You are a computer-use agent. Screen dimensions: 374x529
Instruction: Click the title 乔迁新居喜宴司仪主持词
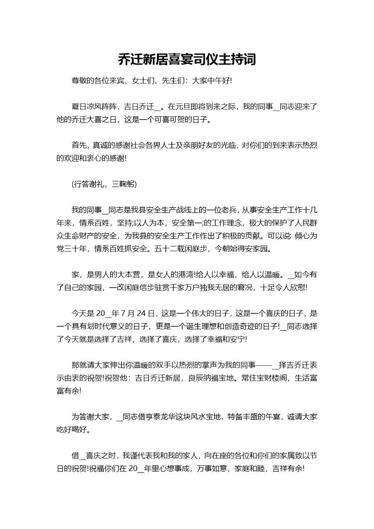[x=187, y=59]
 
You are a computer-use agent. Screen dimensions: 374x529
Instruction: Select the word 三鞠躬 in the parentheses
[x=123, y=184]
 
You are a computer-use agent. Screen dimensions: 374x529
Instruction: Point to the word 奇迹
[x=263, y=326]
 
